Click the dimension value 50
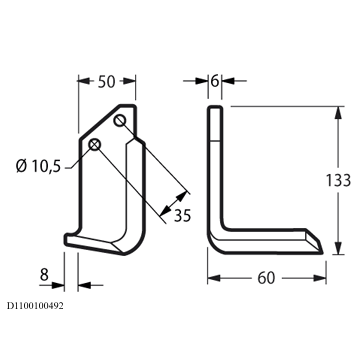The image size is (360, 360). tap(106, 82)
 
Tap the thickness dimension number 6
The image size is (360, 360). tap(215, 81)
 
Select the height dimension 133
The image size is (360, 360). tap(338, 180)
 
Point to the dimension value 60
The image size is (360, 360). tap(266, 278)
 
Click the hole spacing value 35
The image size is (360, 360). tap(182, 216)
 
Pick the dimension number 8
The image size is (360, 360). tap(44, 275)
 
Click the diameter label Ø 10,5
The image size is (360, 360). tap(39, 166)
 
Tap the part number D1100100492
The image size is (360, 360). tap(35, 306)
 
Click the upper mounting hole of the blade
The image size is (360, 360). tap(120, 120)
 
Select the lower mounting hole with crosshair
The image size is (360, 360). tap(95, 145)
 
